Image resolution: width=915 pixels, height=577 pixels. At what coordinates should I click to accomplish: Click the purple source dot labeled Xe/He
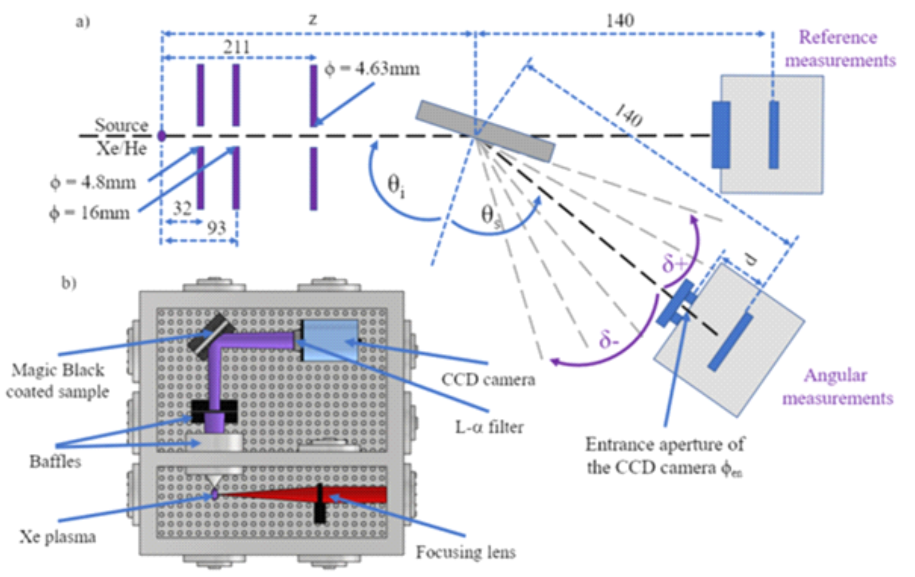162,136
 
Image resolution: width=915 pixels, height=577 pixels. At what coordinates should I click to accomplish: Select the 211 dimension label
236,47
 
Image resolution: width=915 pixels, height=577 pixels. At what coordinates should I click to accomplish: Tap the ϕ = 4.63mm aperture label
372,69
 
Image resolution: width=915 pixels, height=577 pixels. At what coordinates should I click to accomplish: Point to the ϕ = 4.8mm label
93,183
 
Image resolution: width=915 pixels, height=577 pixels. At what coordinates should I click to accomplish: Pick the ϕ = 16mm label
89,213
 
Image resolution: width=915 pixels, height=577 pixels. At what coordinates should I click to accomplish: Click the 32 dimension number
182,208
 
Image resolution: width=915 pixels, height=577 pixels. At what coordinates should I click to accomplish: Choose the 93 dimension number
216,228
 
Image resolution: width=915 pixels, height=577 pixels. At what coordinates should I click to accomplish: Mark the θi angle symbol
396,187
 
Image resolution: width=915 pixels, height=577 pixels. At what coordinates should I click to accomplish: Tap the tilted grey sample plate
485,130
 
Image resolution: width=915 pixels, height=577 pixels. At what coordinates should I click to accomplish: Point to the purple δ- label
608,341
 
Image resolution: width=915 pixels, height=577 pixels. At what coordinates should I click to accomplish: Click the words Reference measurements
840,49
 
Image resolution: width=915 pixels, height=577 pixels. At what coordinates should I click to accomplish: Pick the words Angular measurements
837,387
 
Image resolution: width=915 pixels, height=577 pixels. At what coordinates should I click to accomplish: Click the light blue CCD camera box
330,341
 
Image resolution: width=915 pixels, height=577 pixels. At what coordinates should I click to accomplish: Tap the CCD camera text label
488,380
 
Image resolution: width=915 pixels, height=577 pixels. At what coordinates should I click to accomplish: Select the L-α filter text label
489,427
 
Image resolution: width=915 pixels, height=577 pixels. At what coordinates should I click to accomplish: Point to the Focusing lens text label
466,552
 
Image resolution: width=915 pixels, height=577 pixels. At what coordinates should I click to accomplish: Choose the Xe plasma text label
58,537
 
